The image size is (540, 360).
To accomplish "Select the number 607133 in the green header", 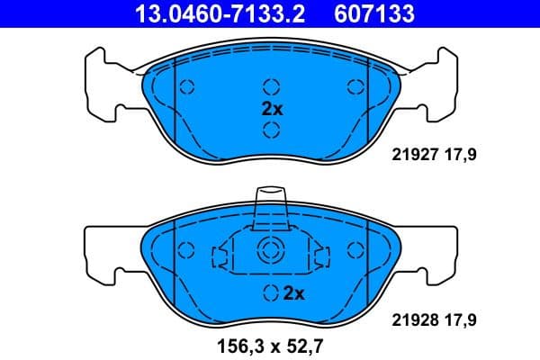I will (x=375, y=14).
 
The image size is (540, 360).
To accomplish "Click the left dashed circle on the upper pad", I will (x=187, y=87).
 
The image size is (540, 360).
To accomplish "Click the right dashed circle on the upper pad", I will (x=355, y=87).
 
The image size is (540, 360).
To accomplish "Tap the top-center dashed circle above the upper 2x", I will (x=271, y=87).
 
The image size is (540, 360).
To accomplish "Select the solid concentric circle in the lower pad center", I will (x=271, y=252).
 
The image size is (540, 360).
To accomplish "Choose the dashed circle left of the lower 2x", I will (x=271, y=292).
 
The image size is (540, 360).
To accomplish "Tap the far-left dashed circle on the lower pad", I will (x=187, y=252).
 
